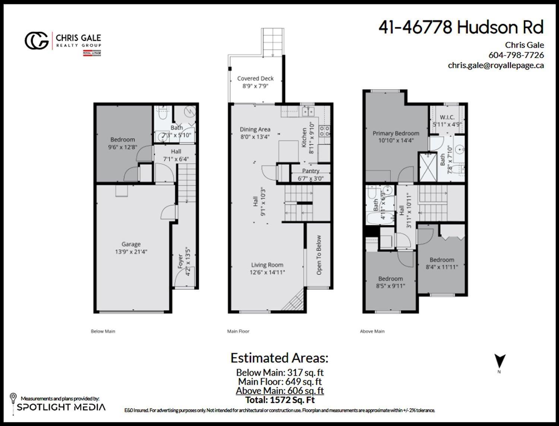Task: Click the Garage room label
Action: point(131,244)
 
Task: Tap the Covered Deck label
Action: point(255,79)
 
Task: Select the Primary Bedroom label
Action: point(396,133)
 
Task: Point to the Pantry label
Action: point(311,171)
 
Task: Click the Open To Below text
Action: point(319,255)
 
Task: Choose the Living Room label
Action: point(267,265)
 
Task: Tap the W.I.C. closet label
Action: point(447,117)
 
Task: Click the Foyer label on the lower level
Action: point(180,262)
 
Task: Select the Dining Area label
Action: point(255,130)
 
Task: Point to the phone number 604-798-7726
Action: point(516,55)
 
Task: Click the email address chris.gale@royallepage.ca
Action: point(496,65)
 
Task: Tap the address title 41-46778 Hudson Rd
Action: point(461,27)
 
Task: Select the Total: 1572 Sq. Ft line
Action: point(280,400)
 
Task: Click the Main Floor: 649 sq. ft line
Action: point(280,382)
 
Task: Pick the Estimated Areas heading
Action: point(279,358)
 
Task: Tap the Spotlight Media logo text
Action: point(61,407)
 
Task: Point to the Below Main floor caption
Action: point(103,331)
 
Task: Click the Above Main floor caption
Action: point(372,331)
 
